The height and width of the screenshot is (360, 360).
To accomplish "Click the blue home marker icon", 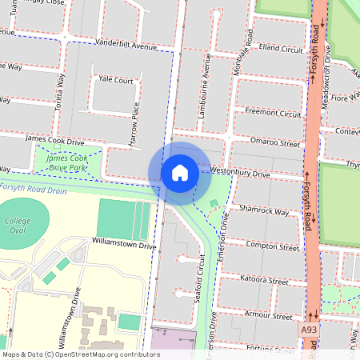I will (x=180, y=173).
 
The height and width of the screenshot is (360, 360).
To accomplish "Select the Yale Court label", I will (x=115, y=80).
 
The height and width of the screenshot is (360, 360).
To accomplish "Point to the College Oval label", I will (x=17, y=226).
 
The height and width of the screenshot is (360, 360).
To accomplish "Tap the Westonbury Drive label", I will (x=240, y=172).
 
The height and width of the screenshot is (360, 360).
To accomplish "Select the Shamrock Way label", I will (x=263, y=211).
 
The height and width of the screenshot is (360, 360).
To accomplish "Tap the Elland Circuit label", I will (x=281, y=48).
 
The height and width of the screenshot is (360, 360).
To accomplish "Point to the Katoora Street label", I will (x=264, y=280).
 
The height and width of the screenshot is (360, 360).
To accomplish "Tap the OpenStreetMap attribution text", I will (x=81, y=354).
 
